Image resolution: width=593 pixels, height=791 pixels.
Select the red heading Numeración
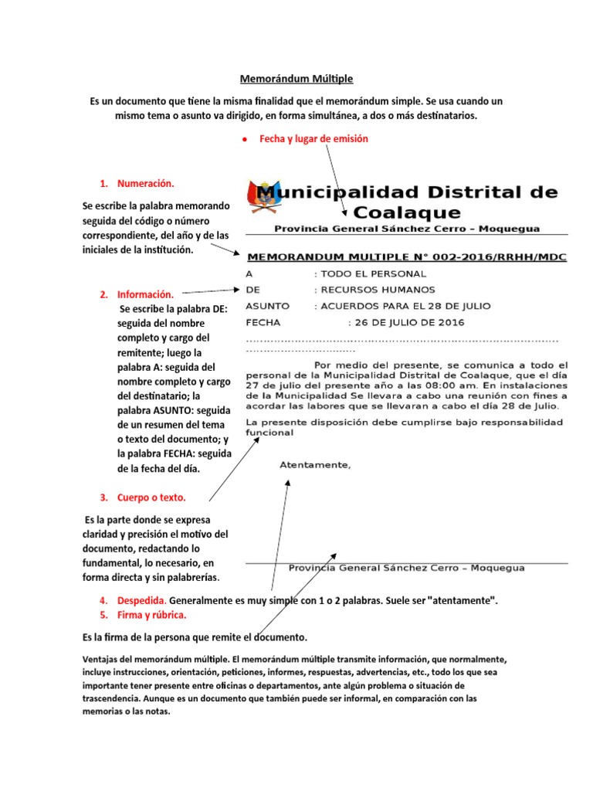145,184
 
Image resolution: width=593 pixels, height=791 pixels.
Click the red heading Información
145,295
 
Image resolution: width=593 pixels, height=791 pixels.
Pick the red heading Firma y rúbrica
151,615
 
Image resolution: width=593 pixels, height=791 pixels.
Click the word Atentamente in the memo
314,465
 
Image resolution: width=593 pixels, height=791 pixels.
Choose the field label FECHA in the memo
263,322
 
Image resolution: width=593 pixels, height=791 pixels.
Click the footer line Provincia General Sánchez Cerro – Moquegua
406,568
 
